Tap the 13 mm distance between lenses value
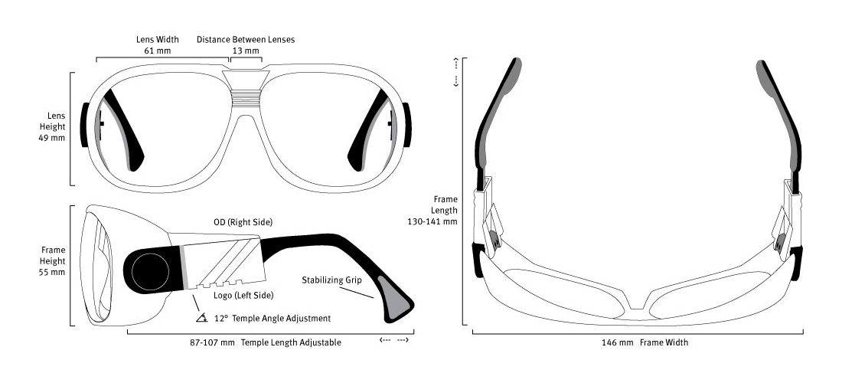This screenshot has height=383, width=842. pyautogui.click(x=246, y=51)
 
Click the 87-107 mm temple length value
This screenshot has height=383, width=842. pyautogui.click(x=212, y=342)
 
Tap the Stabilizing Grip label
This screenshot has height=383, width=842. pyautogui.click(x=331, y=280)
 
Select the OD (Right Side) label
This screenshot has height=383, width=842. pyautogui.click(x=243, y=222)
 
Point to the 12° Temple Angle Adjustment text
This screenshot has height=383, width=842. pyautogui.click(x=273, y=318)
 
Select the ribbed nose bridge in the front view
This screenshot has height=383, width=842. pyautogui.click(x=246, y=95)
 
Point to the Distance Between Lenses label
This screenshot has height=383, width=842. pyautogui.click(x=246, y=39)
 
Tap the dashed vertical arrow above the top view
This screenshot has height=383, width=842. pyautogui.click(x=456, y=71)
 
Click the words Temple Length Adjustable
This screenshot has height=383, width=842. pyautogui.click(x=291, y=342)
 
